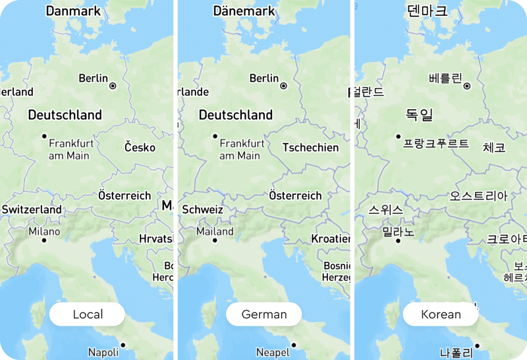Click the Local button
point(87,315)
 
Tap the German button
point(263,315)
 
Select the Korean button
point(441,315)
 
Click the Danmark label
point(73,11)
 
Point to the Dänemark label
point(244,11)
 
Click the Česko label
point(140,147)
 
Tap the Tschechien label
point(310,147)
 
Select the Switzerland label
point(32,210)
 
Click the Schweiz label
point(202,210)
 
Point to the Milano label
point(44,232)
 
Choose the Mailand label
point(215,232)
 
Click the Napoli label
point(103,352)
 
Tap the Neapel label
point(273,352)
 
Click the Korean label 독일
point(419,116)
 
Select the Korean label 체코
point(494,147)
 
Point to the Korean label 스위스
point(385,211)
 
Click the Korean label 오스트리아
point(478,196)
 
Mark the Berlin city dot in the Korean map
point(467,86)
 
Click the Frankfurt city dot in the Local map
point(44,136)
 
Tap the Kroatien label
point(331,239)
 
